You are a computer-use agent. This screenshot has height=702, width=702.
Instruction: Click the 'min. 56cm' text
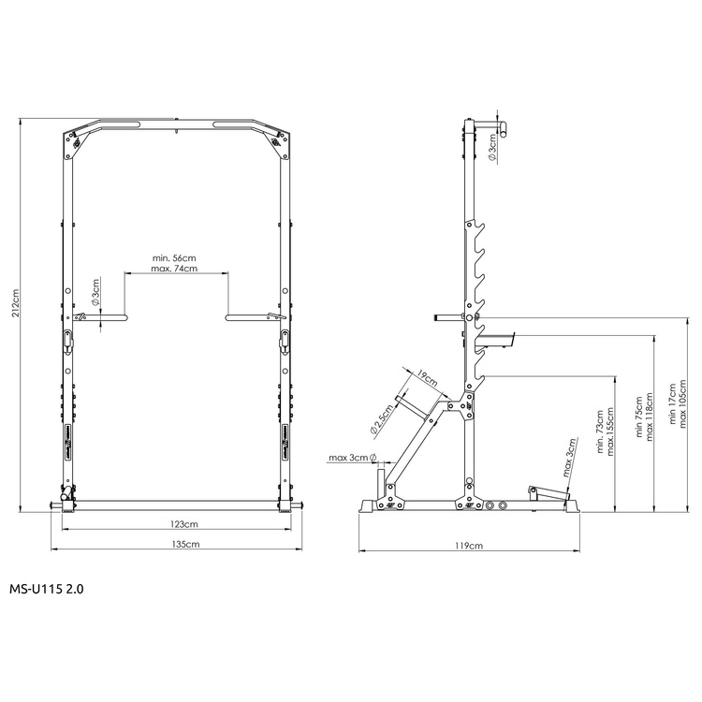(x=175, y=257)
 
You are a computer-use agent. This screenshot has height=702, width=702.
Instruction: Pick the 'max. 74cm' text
(x=175, y=269)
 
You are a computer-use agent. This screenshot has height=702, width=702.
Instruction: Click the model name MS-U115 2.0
(x=46, y=591)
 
